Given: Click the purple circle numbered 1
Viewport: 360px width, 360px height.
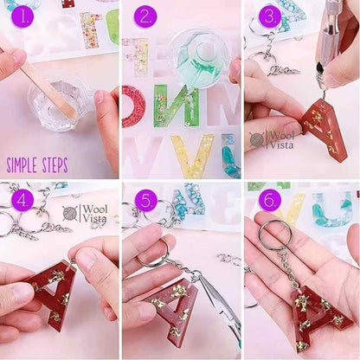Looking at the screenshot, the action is click(22, 16).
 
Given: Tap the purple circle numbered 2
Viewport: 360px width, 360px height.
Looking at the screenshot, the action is click(145, 16).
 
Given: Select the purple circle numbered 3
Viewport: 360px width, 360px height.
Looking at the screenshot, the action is click(270, 16).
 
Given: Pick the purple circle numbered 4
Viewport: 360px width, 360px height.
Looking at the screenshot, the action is click(22, 200).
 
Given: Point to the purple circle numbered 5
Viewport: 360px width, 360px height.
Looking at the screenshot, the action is click(145, 200).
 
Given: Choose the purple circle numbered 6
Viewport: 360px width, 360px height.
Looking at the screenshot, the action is click(270, 200).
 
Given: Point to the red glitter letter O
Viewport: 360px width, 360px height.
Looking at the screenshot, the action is click(132, 106).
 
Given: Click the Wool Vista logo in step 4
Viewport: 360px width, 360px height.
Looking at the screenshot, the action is click(85, 214).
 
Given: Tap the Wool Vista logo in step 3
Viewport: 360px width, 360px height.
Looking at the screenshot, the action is click(272, 140).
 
